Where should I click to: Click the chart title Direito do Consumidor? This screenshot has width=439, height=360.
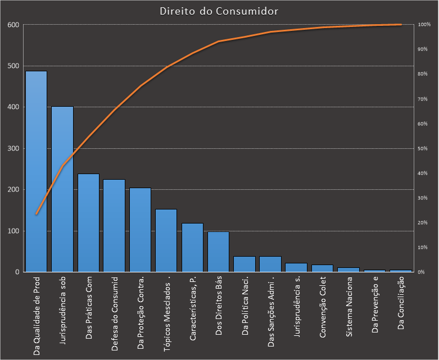click(x=219, y=11)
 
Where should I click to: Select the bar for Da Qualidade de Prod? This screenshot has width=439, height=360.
click(x=37, y=171)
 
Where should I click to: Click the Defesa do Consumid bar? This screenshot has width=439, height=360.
click(x=114, y=226)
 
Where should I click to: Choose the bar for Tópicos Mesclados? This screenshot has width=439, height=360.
click(x=166, y=240)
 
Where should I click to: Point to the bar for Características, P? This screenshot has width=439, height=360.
click(x=192, y=248)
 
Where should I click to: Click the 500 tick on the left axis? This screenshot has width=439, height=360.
click(x=13, y=66)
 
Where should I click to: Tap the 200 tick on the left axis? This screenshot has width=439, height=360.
click(x=13, y=190)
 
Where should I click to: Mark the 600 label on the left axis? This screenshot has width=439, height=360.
click(x=13, y=25)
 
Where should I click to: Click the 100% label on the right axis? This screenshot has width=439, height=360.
click(x=424, y=25)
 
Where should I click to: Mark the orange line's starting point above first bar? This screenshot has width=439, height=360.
click(x=37, y=214)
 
